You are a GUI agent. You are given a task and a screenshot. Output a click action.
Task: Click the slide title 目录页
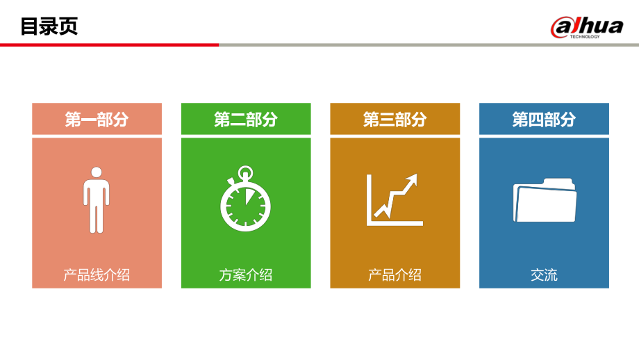click(49, 26)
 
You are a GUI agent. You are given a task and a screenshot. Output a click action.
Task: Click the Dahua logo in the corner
click(587, 27)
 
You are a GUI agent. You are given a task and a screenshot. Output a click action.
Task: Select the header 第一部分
click(97, 119)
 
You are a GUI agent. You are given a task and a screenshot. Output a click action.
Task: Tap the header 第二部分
click(246, 119)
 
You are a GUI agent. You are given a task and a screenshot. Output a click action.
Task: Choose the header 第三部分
click(395, 119)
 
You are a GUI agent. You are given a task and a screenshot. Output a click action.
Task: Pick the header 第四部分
click(544, 119)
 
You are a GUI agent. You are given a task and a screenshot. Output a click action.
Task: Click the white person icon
click(97, 199)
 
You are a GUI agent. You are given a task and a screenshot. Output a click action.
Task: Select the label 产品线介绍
click(97, 275)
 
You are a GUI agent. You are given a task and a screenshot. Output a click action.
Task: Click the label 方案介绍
click(246, 275)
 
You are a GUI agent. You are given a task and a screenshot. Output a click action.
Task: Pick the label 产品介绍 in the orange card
click(395, 275)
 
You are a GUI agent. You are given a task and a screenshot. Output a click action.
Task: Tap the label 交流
click(544, 275)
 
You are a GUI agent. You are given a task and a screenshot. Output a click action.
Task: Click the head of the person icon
click(97, 172)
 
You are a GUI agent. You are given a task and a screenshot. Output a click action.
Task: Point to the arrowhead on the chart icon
click(413, 179)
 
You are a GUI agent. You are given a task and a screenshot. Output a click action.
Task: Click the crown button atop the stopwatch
click(245, 171)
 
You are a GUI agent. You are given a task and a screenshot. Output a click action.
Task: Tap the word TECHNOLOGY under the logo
click(585, 37)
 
